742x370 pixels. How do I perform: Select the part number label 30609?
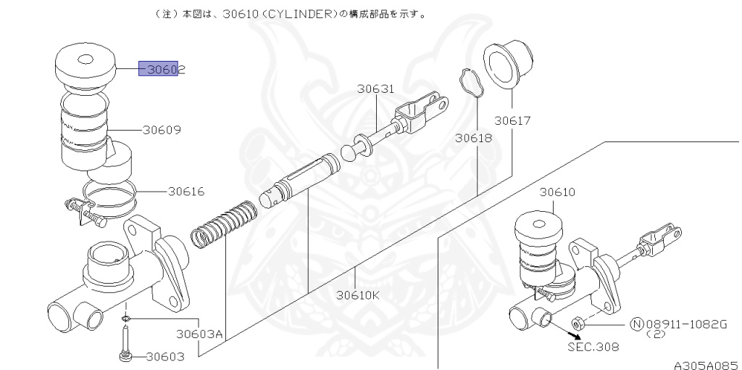pyautogui.click(x=162, y=131)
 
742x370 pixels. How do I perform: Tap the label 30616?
pyautogui.click(x=186, y=192)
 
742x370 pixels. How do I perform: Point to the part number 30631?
pyautogui.click(x=375, y=89)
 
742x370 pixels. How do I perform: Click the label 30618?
pyautogui.click(x=474, y=137)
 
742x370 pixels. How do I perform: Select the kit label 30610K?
pyautogui.click(x=358, y=295)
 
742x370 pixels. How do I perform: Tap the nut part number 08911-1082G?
pyautogui.click(x=684, y=324)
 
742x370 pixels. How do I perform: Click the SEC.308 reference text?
pyautogui.click(x=593, y=346)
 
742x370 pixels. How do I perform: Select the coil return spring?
pyautogui.click(x=223, y=224)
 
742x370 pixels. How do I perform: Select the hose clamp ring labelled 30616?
pyautogui.click(x=109, y=194)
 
